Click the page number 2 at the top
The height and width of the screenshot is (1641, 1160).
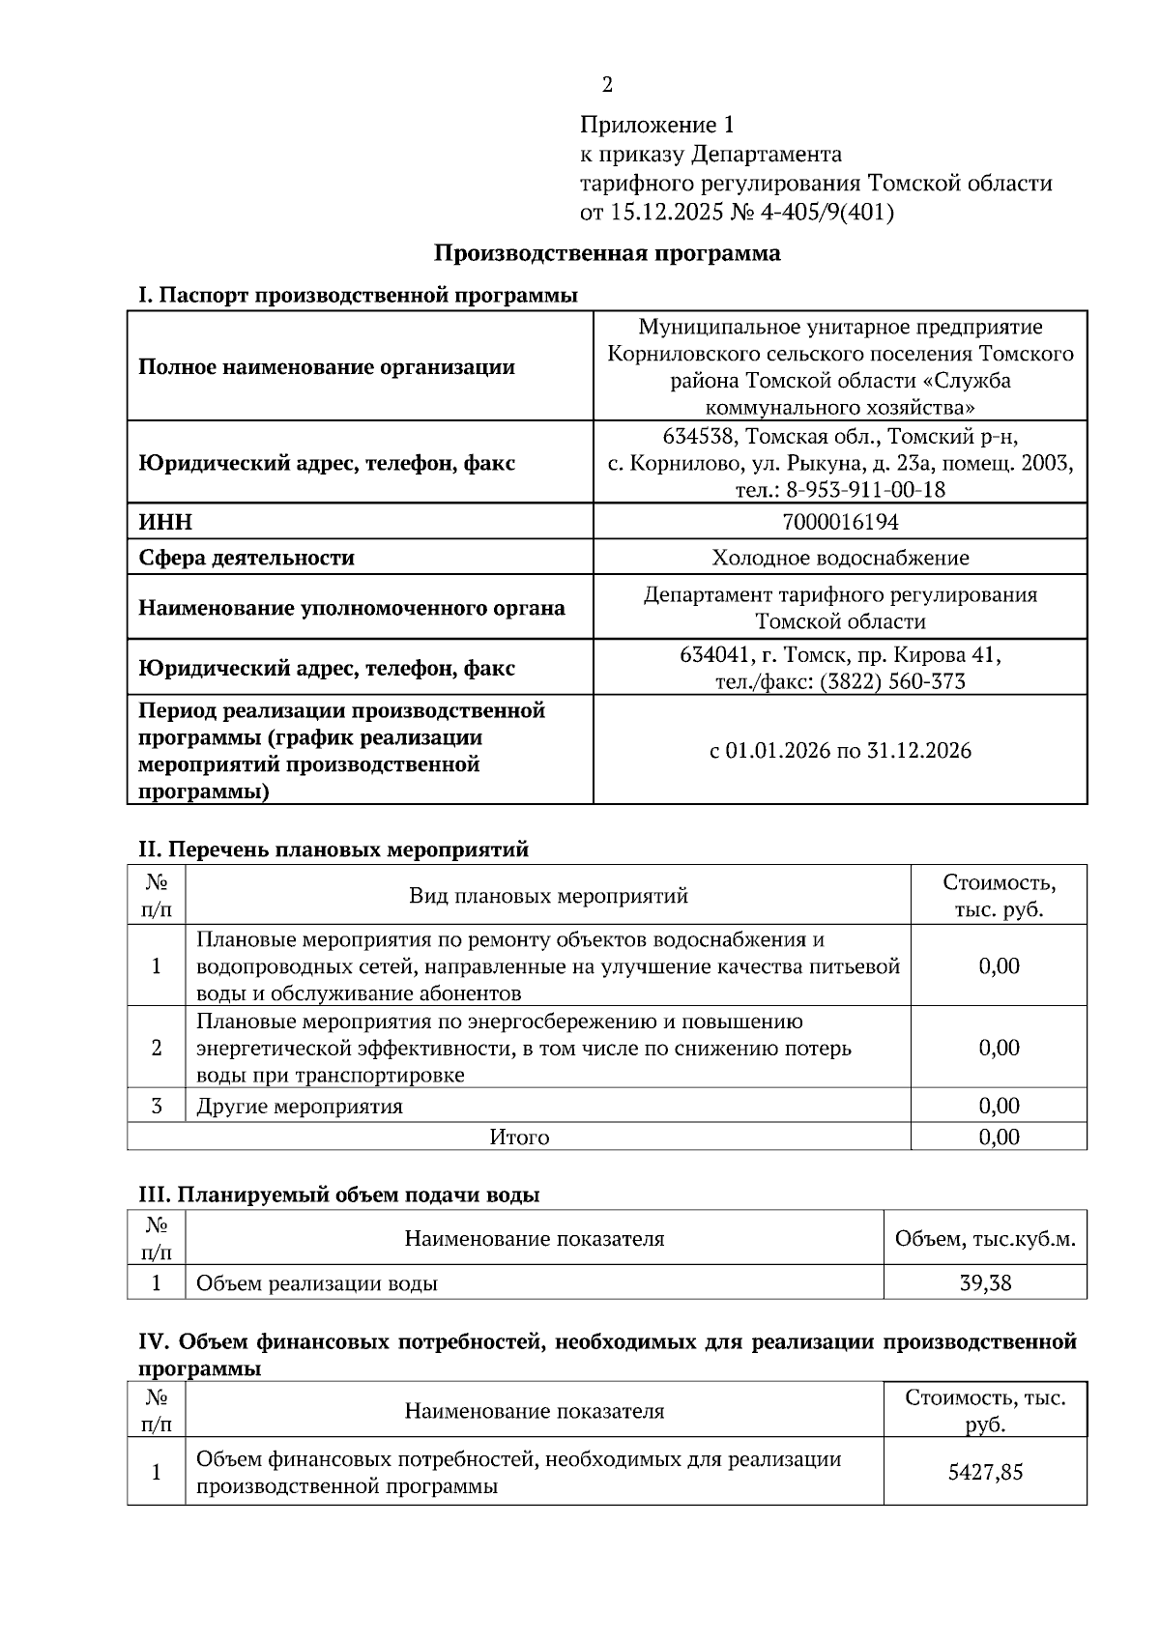pos(607,85)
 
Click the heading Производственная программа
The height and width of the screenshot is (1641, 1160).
pos(606,253)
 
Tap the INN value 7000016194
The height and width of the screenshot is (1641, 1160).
pos(839,523)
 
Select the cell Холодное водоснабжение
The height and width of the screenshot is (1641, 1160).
pos(839,558)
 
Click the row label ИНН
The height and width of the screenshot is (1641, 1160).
pos(165,523)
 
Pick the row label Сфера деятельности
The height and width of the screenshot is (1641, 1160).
pos(246,558)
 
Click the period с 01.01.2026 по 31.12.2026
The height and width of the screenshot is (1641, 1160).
pos(839,751)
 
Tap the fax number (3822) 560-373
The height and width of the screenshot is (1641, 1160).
pos(891,682)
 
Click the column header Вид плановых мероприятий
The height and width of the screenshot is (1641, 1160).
pos(547,896)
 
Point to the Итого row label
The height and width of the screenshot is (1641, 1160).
pos(519,1137)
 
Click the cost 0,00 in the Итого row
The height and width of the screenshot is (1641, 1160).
pos(999,1137)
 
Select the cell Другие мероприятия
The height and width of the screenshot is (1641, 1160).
pos(300,1107)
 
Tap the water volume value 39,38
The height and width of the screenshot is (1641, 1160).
pos(985,1283)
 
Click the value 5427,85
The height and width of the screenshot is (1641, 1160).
pos(985,1473)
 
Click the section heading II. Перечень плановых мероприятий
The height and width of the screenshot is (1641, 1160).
pos(333,849)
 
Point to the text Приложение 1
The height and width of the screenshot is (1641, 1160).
pos(657,126)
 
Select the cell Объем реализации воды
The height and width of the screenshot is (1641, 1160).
pos(317,1283)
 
